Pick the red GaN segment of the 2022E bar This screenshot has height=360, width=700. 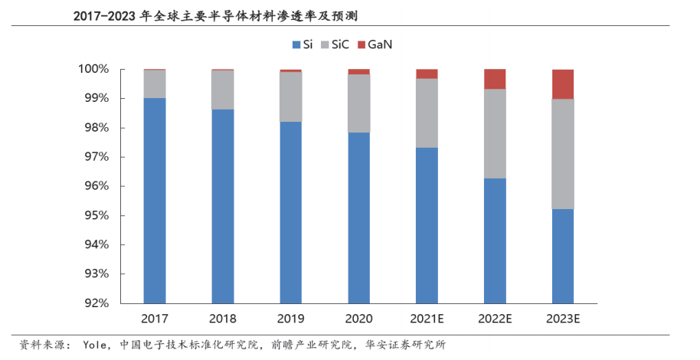tap(495, 79)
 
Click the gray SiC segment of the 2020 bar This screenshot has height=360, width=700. tap(358, 103)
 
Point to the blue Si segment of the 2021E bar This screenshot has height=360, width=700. tap(427, 225)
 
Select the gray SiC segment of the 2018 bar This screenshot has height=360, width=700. tap(223, 90)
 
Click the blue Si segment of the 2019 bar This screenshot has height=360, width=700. tap(290, 212)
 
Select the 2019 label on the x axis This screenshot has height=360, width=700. tap(290, 319)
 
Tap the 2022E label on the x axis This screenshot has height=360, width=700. tap(495, 319)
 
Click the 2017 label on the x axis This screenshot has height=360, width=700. tap(155, 319)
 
